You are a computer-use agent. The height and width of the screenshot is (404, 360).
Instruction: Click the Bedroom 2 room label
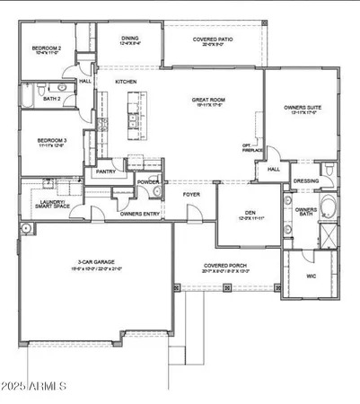[48, 48]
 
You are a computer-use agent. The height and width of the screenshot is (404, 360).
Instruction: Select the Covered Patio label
[214, 40]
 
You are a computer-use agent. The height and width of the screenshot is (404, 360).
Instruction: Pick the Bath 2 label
[54, 98]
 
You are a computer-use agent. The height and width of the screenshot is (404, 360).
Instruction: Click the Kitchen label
[125, 81]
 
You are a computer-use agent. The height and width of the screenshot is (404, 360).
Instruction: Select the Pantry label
[106, 170]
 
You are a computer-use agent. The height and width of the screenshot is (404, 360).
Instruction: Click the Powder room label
[148, 182]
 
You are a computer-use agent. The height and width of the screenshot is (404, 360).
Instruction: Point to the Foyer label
[192, 193]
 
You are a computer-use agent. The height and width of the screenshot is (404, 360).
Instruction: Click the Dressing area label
[307, 180]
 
